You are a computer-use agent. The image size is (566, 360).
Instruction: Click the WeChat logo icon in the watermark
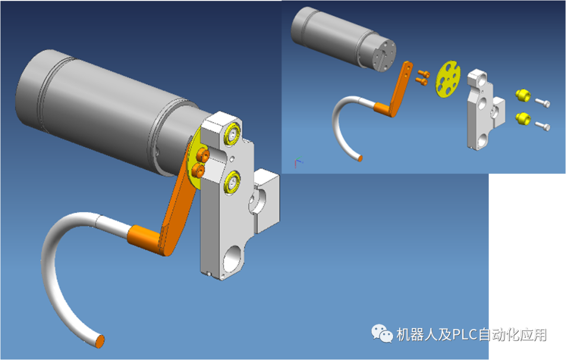pyautogui.click(x=382, y=333)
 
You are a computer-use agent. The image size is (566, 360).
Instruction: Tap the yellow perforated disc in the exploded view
pyautogui.click(x=448, y=80)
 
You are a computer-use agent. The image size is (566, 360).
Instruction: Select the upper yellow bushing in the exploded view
pyautogui.click(x=523, y=96)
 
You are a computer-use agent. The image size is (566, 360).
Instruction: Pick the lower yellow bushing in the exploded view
pyautogui.click(x=523, y=118)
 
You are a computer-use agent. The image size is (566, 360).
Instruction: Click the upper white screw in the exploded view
pyautogui.click(x=542, y=103)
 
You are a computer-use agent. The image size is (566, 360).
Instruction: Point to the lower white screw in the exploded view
pyautogui.click(x=542, y=126)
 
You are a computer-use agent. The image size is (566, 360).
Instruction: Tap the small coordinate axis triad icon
pyautogui.click(x=298, y=163)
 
